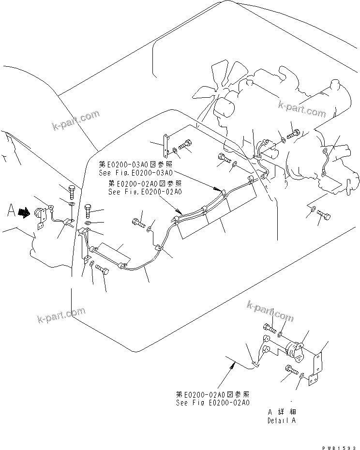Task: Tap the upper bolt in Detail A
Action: point(269,329)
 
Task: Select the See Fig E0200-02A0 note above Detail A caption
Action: point(213,402)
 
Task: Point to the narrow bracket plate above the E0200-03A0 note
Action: point(165,146)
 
